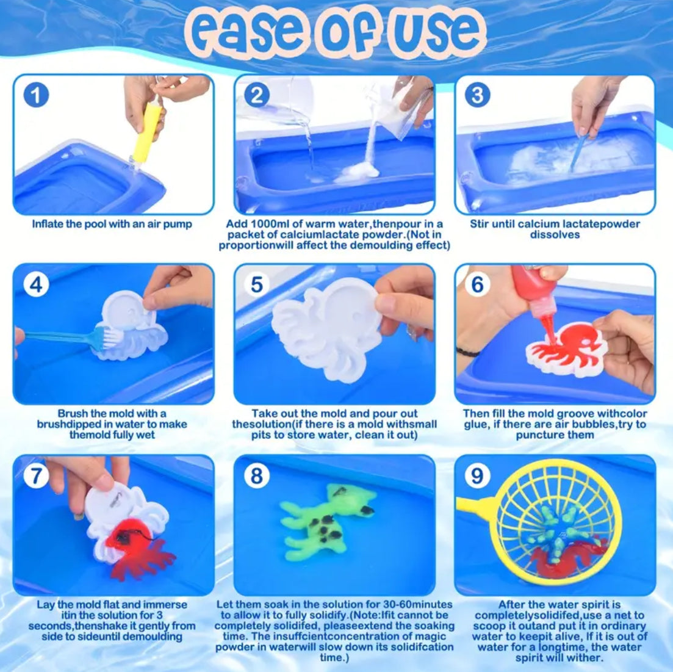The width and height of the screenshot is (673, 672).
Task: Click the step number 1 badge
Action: [x=36, y=95]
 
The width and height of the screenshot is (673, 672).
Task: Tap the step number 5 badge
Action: [x=257, y=284]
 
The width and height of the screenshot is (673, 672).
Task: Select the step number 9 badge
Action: [x=477, y=475]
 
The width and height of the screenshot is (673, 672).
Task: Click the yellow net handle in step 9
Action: [x=477, y=506]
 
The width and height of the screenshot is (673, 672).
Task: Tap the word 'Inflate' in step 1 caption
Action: [x=48, y=224]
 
